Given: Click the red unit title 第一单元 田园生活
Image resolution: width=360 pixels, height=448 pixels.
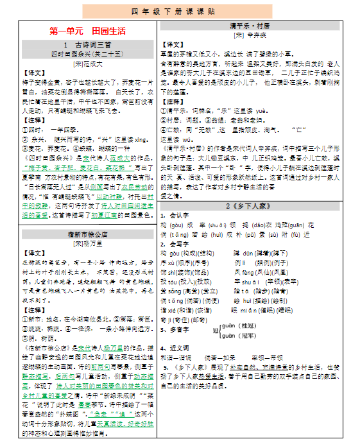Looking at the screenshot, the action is pyautogui.click(x=87, y=31).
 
